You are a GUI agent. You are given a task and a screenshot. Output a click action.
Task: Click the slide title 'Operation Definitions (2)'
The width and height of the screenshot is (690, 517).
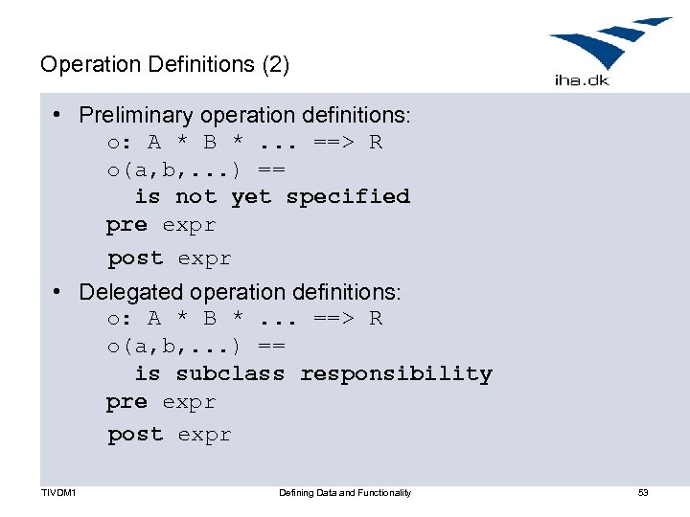[x=164, y=65]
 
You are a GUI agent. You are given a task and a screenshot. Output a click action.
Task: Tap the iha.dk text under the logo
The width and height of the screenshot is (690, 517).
[x=582, y=80]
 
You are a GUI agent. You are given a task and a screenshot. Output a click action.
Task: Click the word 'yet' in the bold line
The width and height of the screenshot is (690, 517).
[x=251, y=196]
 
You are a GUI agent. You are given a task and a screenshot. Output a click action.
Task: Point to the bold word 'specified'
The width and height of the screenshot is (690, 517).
[x=348, y=196]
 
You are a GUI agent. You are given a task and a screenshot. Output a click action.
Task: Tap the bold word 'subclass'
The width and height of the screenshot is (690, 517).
[x=230, y=373]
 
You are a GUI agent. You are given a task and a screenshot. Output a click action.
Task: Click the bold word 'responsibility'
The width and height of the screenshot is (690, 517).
[x=396, y=373]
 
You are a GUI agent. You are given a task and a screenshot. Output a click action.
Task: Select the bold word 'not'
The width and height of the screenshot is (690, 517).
[x=195, y=196]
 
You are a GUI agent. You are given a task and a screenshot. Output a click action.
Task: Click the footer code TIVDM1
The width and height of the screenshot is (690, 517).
[x=58, y=493]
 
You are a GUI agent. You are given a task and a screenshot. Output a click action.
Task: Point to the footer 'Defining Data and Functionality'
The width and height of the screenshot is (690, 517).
[x=345, y=493]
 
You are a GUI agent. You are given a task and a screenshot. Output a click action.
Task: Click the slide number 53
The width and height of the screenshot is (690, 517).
[x=643, y=493]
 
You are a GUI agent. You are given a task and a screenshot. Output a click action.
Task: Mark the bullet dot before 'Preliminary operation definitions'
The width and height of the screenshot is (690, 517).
[x=59, y=115]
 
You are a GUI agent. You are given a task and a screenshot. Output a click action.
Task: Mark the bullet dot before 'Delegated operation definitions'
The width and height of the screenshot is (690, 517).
[x=59, y=291]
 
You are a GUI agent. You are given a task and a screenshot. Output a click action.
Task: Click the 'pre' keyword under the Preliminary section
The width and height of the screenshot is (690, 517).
[x=126, y=226]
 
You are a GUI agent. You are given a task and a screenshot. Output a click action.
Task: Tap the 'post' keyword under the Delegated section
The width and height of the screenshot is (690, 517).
[x=135, y=435]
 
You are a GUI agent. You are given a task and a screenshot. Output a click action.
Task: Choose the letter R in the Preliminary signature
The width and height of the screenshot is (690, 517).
[x=376, y=143]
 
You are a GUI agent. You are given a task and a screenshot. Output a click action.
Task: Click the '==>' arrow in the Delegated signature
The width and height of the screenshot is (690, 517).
[x=334, y=318]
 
